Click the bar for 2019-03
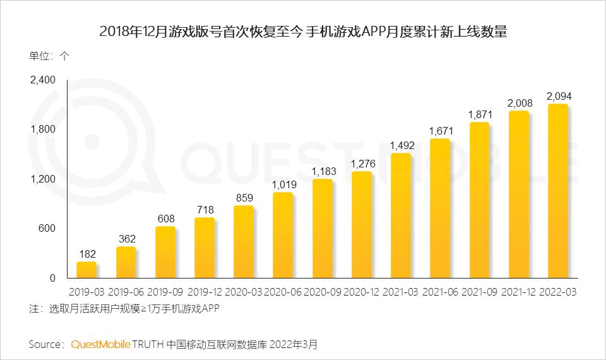click(x=86, y=270)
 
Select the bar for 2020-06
click(x=283, y=235)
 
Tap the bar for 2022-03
click(x=557, y=191)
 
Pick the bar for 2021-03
click(x=401, y=215)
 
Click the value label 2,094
click(x=559, y=96)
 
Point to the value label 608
click(x=165, y=218)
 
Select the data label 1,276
click(x=362, y=164)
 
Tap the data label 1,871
click(x=480, y=114)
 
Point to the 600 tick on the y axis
click(x=47, y=229)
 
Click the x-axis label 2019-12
click(x=205, y=293)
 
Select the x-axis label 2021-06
click(x=440, y=293)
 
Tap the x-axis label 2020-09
click(x=323, y=293)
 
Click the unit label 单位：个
click(x=49, y=55)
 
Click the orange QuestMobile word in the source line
click(x=100, y=345)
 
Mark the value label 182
click(x=87, y=253)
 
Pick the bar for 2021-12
click(x=518, y=194)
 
